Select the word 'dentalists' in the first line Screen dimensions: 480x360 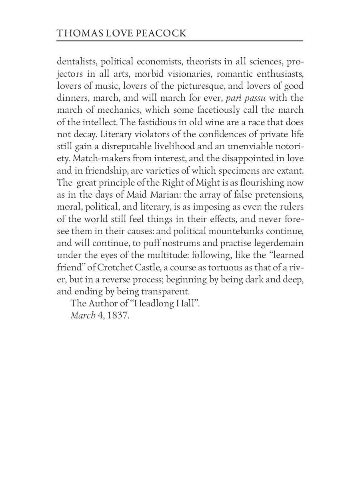77,62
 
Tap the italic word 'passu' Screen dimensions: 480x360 255,98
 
